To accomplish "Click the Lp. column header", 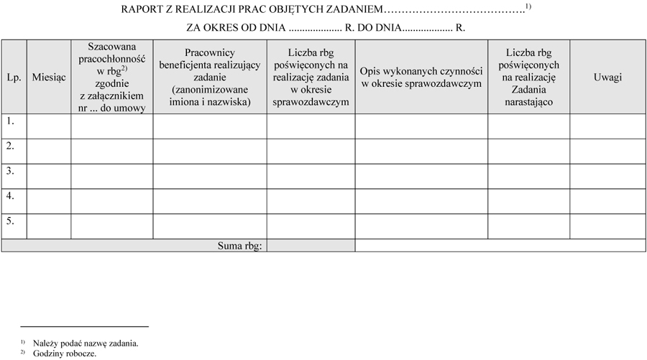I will [x=14, y=77].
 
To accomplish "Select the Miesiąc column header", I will [x=49, y=77].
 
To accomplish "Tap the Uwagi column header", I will [x=607, y=77].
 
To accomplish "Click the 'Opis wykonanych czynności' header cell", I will [x=421, y=77].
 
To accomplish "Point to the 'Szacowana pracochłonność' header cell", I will [x=111, y=77].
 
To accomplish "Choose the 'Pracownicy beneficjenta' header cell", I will [x=210, y=77].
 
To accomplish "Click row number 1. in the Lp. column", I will [x=11, y=121].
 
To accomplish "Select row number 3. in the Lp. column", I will [x=11, y=171].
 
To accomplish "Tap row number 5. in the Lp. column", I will [x=11, y=221].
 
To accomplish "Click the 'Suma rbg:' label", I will [x=240, y=246].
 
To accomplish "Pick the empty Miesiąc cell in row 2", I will [x=49, y=151].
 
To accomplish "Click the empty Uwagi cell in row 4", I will [x=607, y=200].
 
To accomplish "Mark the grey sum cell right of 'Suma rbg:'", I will [x=311, y=246].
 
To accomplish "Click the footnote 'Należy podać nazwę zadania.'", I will [x=86, y=343].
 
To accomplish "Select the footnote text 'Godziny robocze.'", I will [x=65, y=354].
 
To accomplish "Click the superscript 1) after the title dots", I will [x=528, y=6].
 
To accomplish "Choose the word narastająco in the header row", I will [x=528, y=102].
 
